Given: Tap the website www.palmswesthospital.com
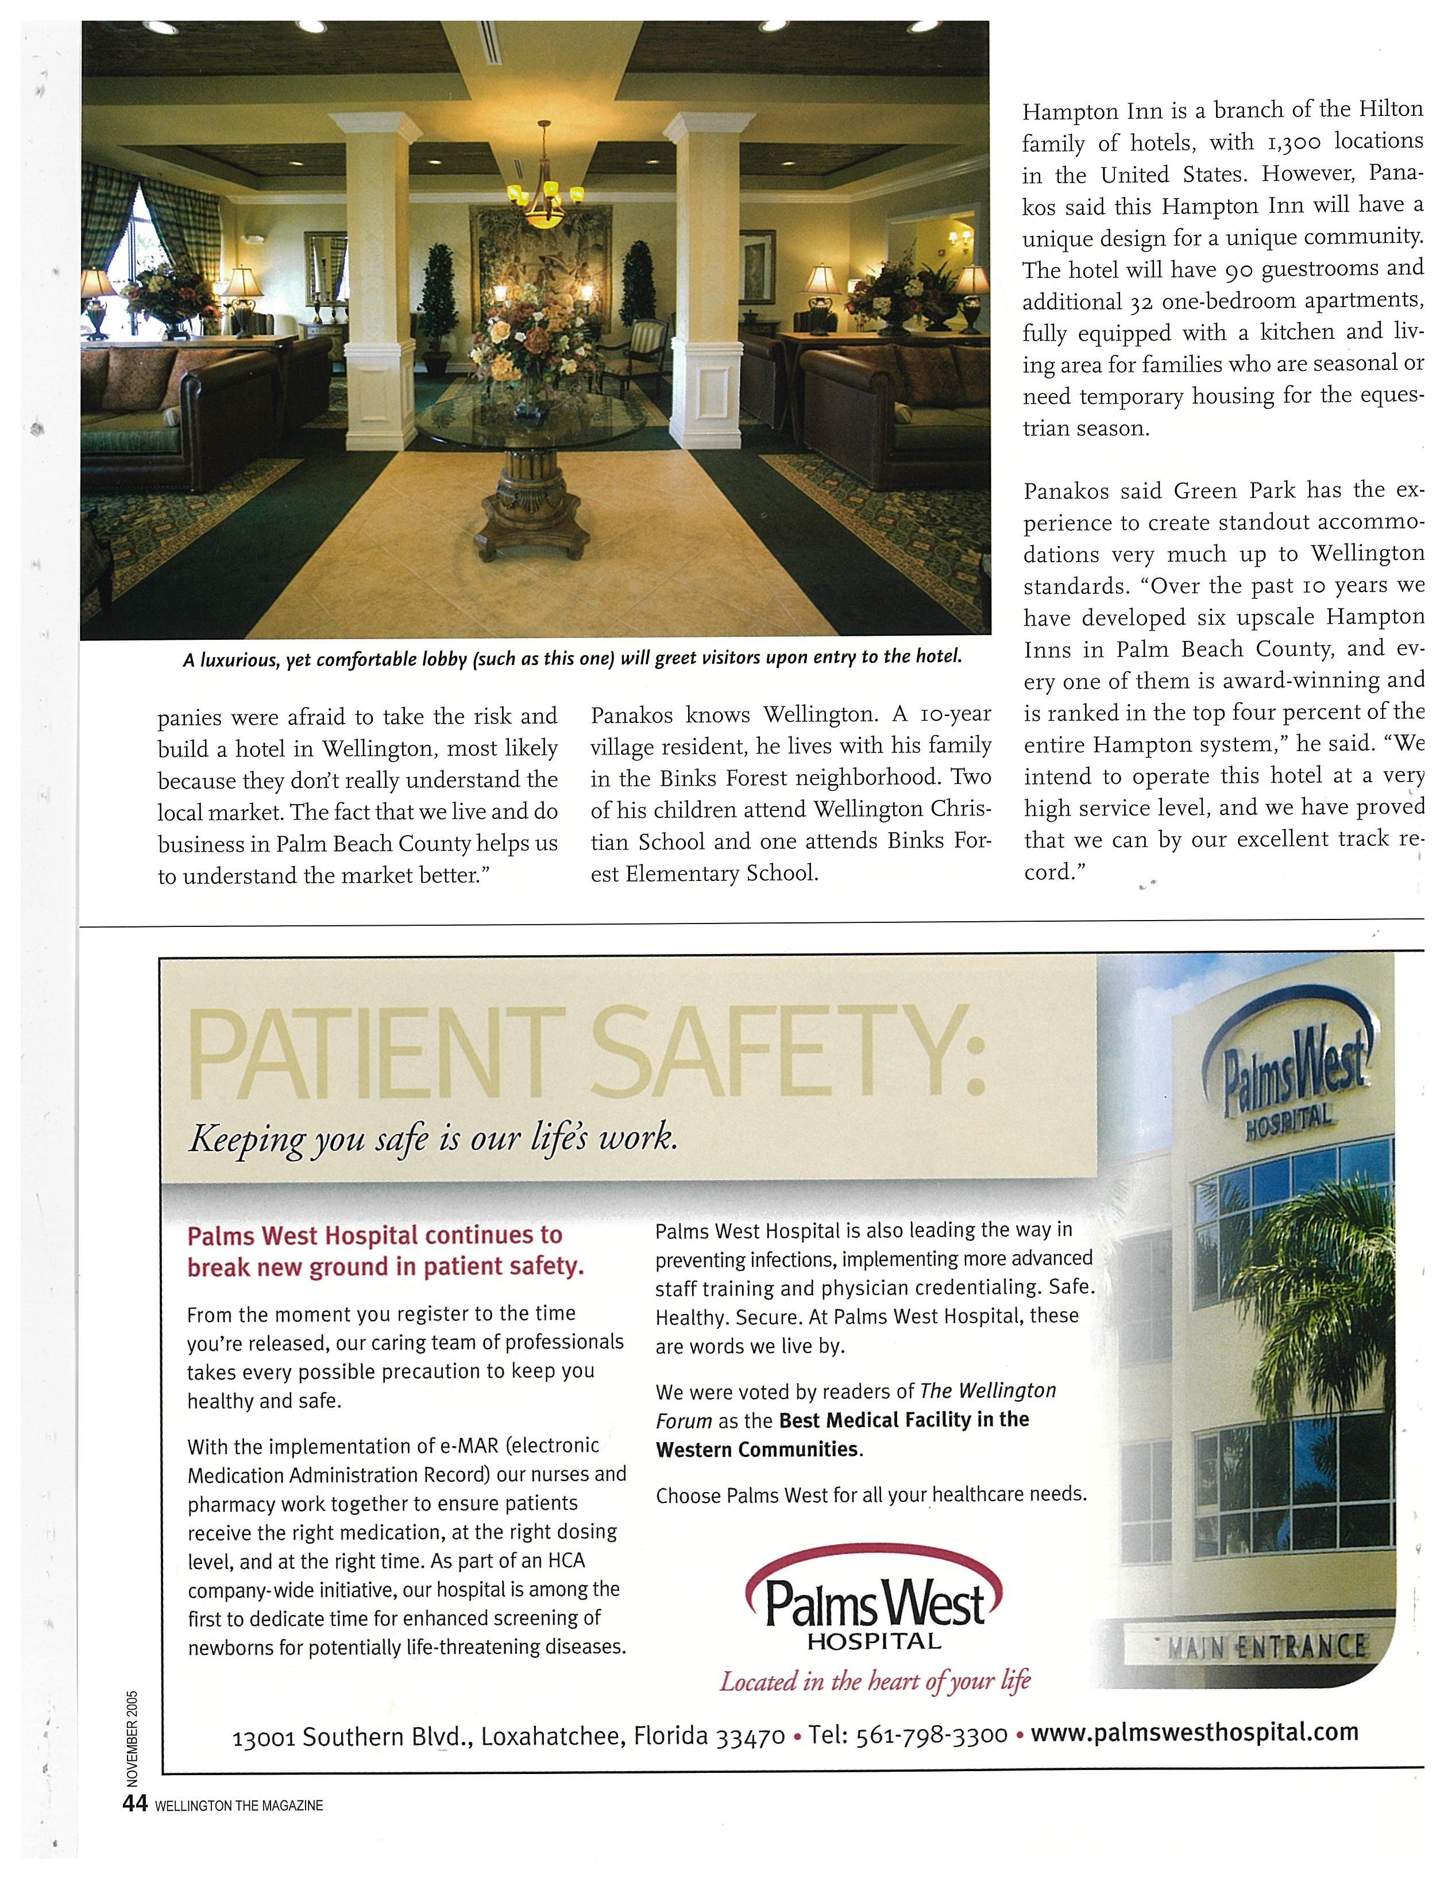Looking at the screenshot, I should tap(1194, 1731).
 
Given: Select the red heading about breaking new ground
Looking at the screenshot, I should tap(385, 1251).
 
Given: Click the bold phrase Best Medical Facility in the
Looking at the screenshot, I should tap(904, 1420).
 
